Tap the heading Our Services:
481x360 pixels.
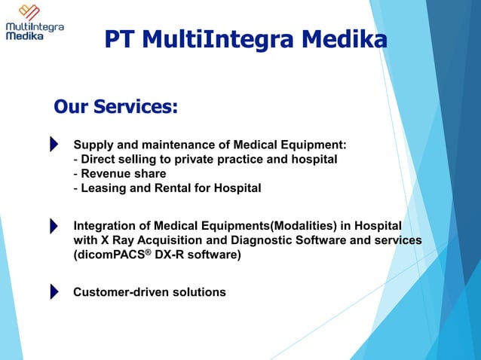115,107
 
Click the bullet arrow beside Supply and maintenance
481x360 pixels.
54,144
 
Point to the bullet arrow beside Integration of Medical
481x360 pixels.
54,226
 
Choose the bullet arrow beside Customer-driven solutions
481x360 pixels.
54,291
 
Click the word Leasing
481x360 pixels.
104,188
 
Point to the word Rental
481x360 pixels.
170,188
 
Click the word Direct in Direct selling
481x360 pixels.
99,159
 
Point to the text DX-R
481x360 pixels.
167,255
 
